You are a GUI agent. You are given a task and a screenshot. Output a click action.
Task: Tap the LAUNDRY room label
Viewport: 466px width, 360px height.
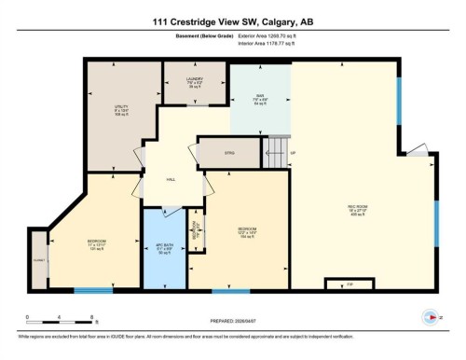point(194,81)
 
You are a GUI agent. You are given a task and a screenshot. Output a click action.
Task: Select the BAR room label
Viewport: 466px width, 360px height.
point(261,96)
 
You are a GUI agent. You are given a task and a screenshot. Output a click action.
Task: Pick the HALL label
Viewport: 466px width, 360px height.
point(171,179)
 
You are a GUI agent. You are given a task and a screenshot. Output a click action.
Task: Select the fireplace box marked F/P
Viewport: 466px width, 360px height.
point(339,283)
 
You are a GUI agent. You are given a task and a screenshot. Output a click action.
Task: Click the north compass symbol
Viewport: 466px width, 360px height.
point(430,317)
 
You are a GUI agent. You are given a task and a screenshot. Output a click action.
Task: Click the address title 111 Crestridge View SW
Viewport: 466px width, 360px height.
point(232,21)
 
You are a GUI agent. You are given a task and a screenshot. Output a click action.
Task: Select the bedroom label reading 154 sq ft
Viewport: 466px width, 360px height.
point(246,234)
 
